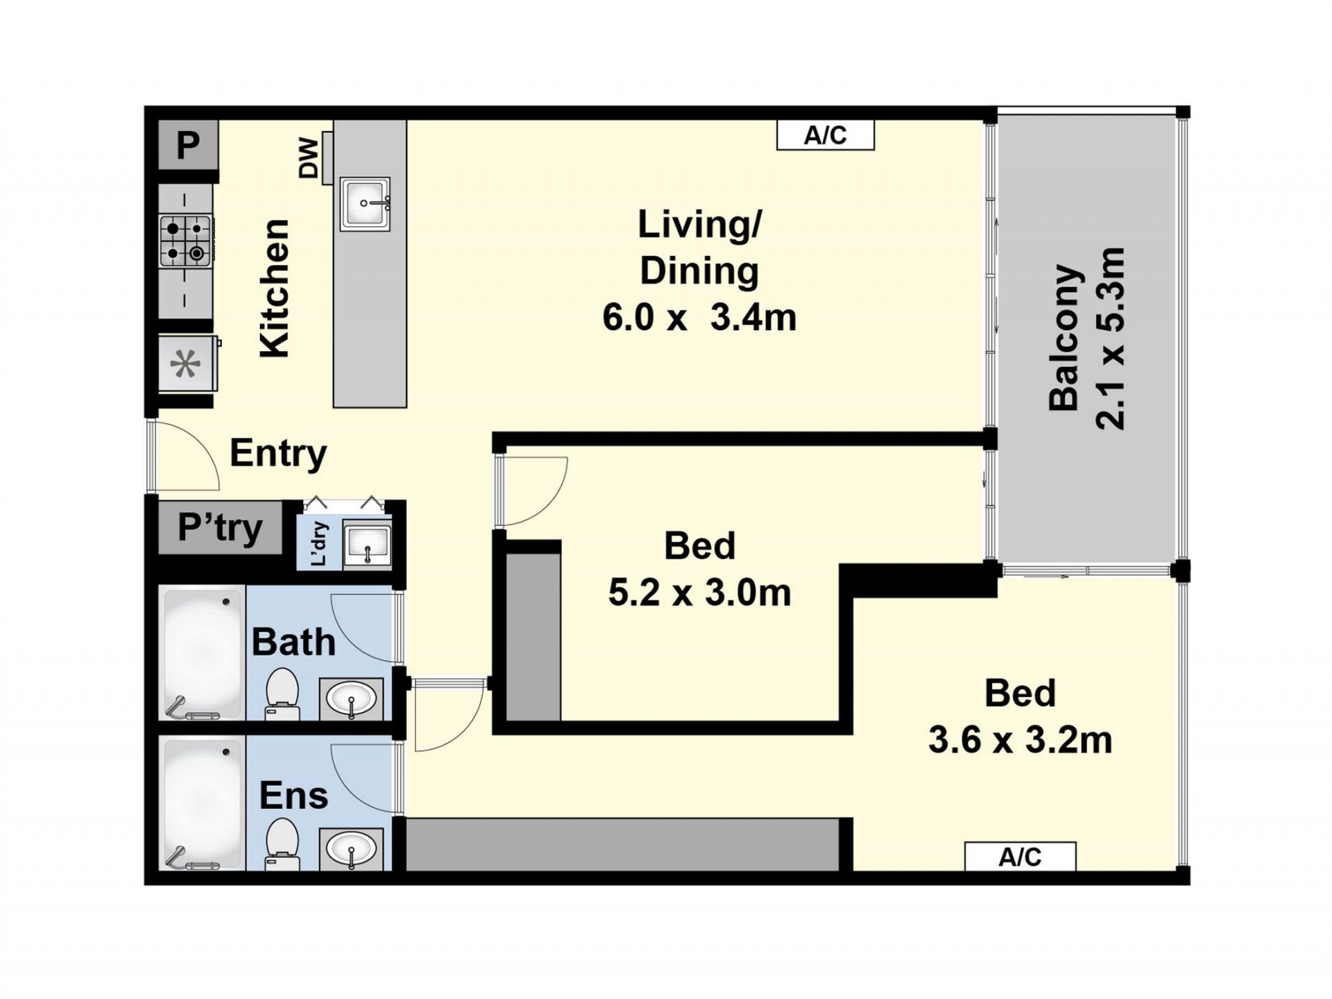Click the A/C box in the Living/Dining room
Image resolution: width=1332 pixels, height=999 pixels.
825,135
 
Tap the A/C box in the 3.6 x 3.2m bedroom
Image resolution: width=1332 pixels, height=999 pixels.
1020,857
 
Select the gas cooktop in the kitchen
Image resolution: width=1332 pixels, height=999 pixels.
186,241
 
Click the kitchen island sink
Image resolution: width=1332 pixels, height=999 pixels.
365,204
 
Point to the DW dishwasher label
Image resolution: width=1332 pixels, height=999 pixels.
309,158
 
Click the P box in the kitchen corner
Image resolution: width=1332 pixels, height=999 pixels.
188,145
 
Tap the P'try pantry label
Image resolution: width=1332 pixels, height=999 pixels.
220,527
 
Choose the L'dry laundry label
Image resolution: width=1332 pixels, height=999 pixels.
319,544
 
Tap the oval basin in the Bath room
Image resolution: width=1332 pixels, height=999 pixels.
351,699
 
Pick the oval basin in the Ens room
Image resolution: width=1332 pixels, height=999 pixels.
351,848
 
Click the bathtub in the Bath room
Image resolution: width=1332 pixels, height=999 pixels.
202,653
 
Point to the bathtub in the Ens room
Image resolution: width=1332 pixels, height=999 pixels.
202,804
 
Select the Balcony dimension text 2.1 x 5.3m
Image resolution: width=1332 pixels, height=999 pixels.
1109,338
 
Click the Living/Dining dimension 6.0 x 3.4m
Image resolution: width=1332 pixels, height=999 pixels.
699,318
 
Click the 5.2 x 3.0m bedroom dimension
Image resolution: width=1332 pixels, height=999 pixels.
699,593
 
